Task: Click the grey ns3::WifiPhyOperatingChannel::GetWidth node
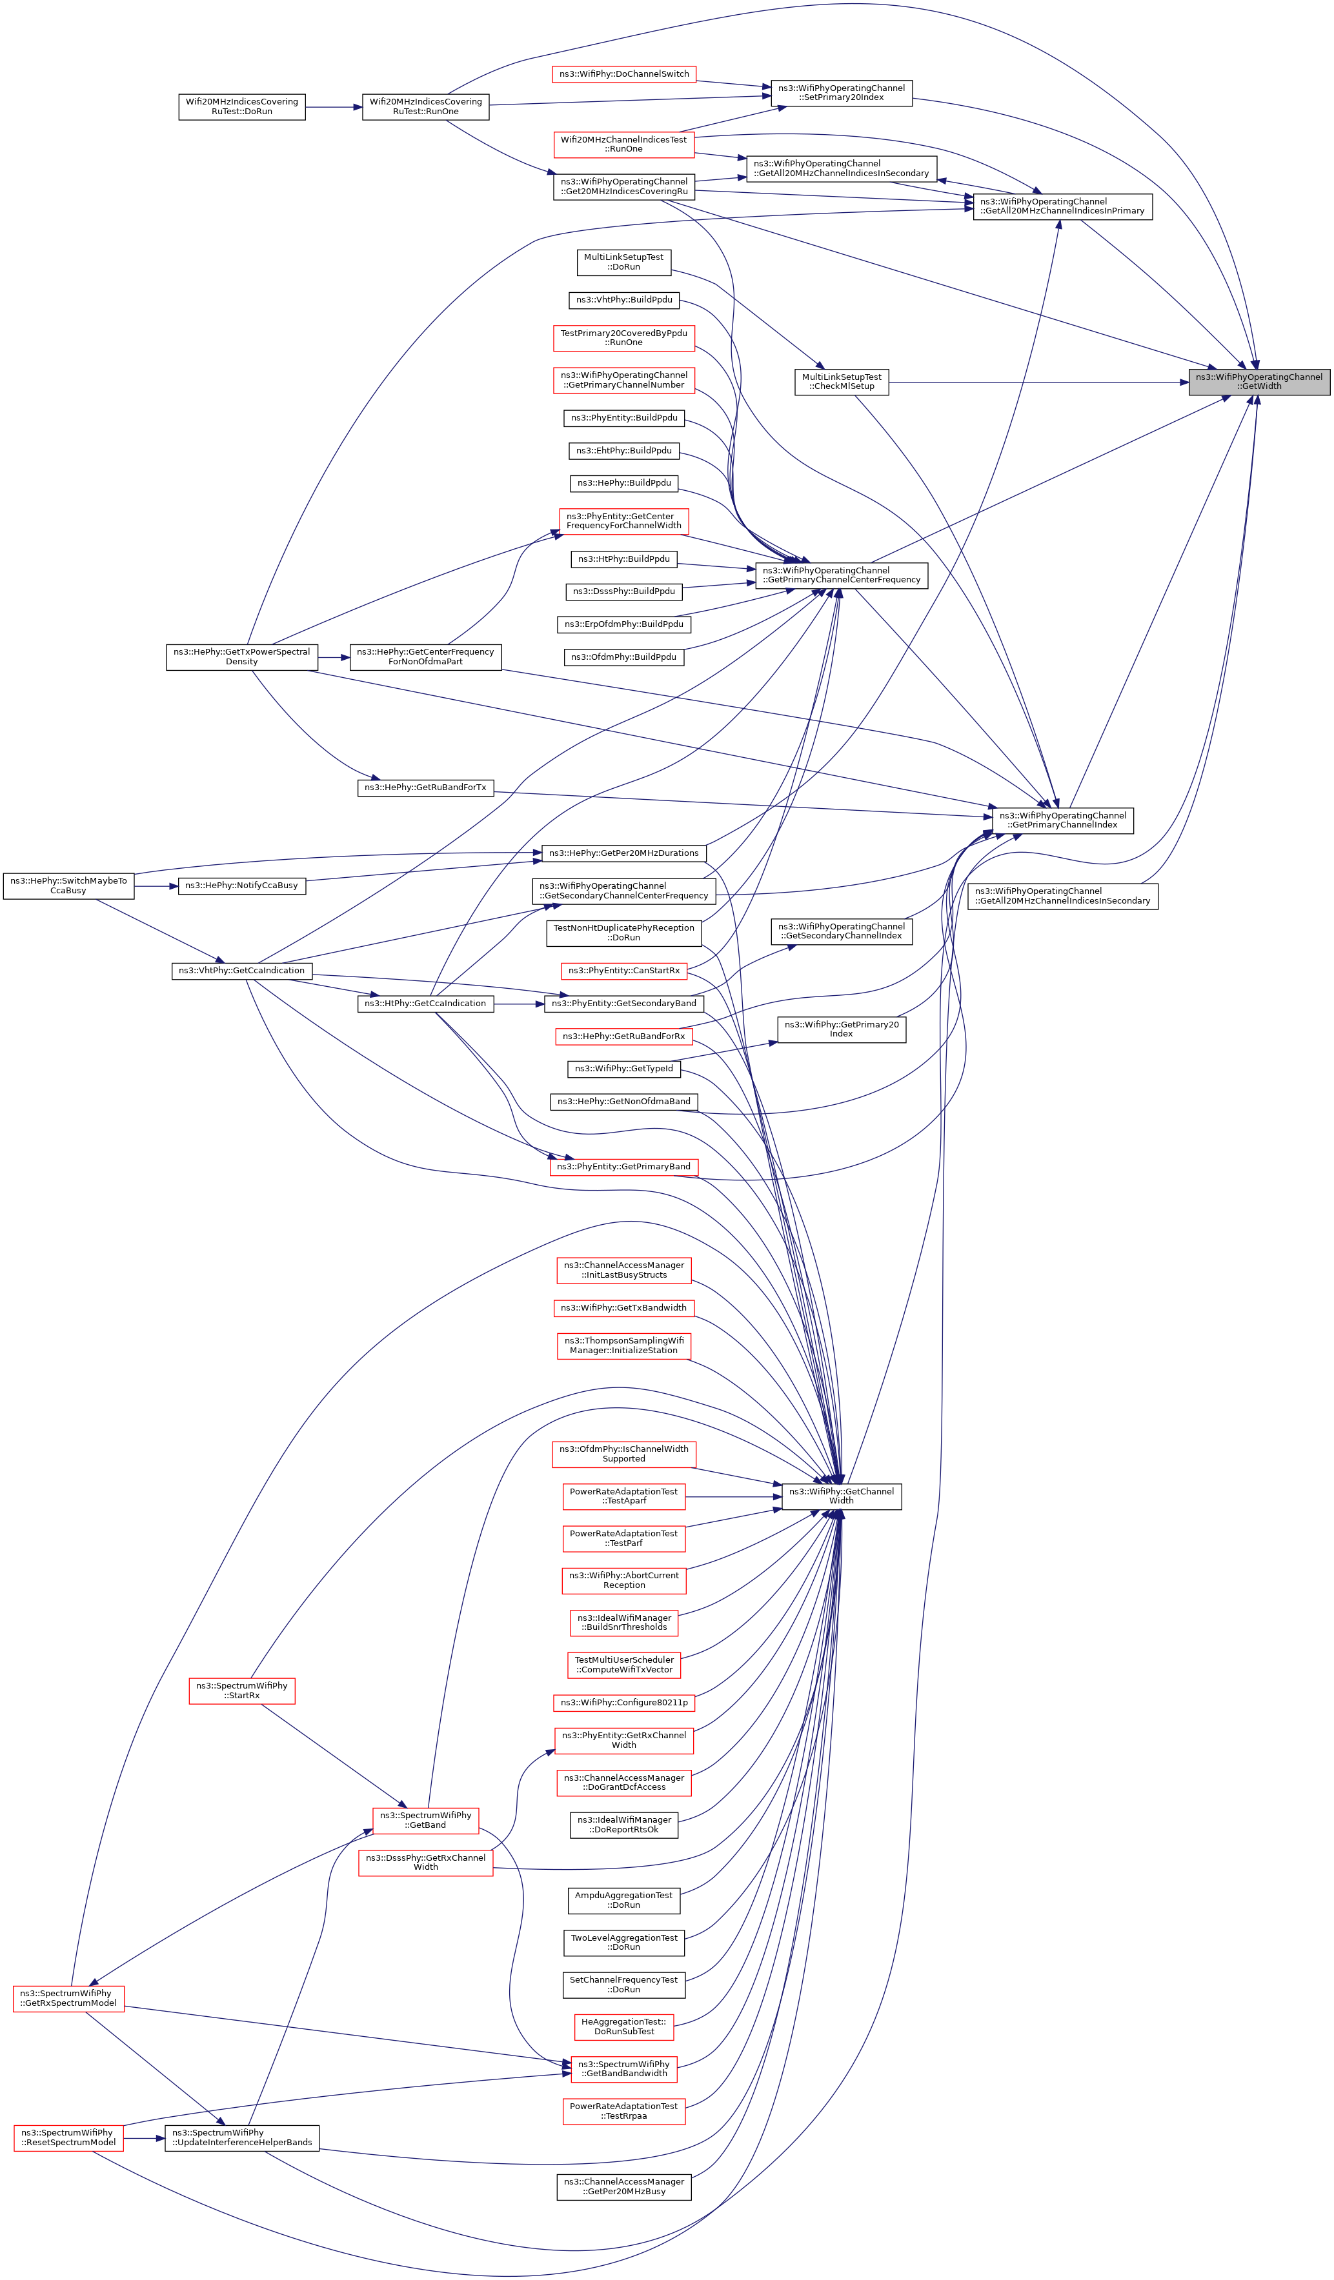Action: pos(1259,382)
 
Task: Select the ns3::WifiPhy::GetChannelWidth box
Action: pos(841,1496)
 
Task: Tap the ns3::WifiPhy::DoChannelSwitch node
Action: pos(623,74)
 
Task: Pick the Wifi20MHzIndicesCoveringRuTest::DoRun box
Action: pos(241,107)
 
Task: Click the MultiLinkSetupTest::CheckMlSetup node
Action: pos(842,382)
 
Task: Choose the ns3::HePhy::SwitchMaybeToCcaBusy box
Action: pos(69,886)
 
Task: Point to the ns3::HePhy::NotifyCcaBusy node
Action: pos(241,886)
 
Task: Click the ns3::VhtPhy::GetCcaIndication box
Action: pos(241,971)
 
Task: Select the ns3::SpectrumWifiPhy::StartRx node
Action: pos(241,1690)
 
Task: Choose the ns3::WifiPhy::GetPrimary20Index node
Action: pos(842,1029)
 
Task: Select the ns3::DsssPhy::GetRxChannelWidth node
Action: pos(425,1863)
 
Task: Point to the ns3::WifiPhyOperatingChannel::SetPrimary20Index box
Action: pos(842,93)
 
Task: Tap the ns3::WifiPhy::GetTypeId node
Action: pos(623,1069)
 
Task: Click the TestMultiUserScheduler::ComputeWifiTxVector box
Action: pos(623,1665)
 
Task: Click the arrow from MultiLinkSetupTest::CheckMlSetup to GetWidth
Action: pos(1038,382)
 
